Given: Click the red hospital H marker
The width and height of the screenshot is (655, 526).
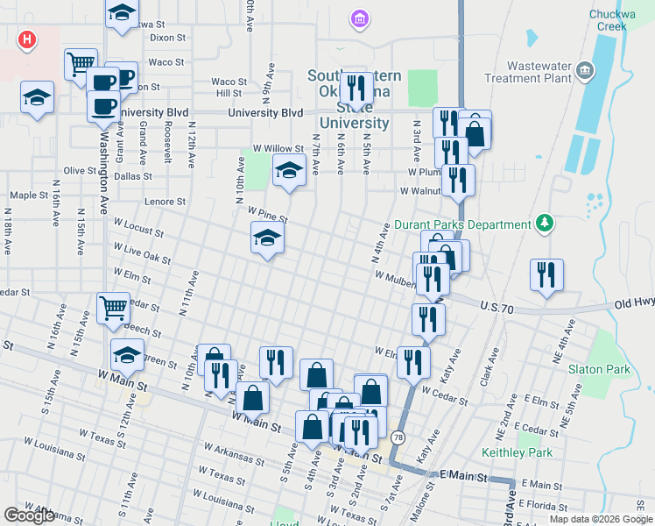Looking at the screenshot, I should [27, 39].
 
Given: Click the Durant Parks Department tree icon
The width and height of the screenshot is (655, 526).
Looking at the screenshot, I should [545, 224].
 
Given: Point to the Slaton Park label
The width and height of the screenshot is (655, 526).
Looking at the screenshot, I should [599, 369].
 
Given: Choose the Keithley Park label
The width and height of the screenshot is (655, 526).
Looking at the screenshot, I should [518, 452].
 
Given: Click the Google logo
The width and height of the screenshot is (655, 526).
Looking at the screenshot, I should [30, 515].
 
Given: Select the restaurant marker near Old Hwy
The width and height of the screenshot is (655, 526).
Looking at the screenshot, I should [547, 274].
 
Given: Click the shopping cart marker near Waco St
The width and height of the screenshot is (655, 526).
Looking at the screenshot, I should [81, 63].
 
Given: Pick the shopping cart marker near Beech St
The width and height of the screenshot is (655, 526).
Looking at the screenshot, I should [113, 308].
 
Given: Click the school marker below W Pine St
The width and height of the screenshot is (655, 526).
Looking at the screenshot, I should [268, 238].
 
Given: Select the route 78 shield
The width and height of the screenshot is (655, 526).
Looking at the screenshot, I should [398, 437].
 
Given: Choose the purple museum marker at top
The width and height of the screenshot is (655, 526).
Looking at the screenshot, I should [357, 18].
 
